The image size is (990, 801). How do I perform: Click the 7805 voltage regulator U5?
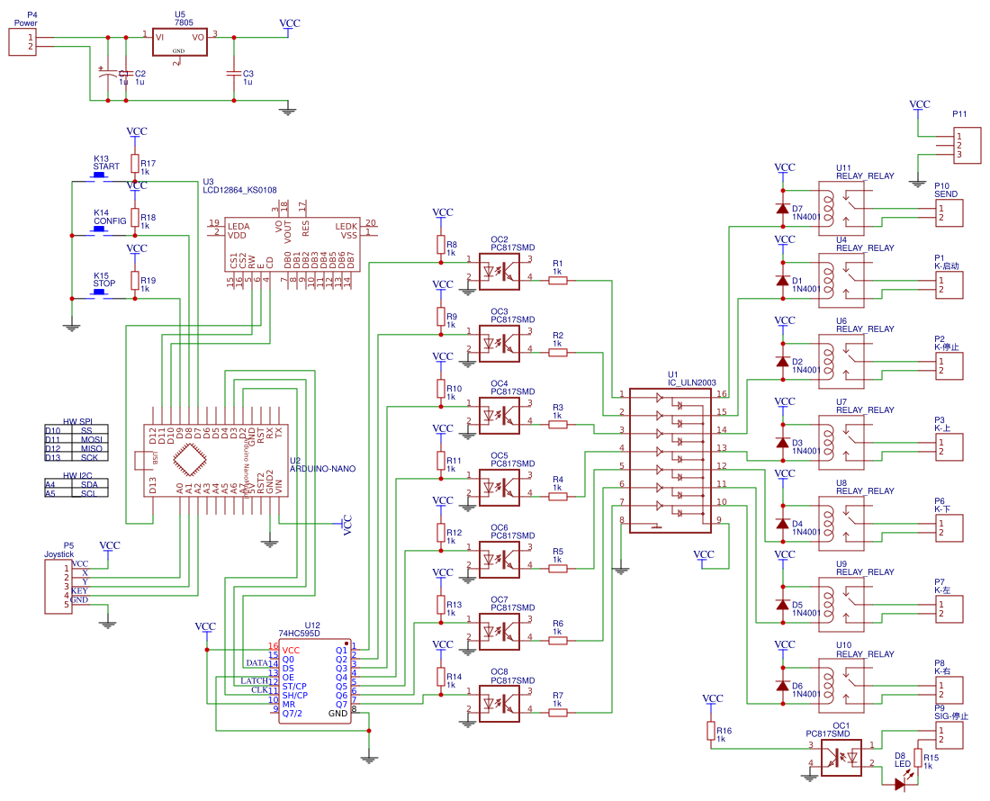[179, 43]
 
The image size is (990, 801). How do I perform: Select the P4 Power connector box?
[22, 42]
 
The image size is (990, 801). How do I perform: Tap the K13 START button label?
[106, 166]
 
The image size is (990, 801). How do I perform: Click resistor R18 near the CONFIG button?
[135, 217]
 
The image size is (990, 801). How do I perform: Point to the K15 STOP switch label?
[104, 283]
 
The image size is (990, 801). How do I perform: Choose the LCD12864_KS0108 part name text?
[239, 190]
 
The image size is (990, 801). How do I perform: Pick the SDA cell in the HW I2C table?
[88, 484]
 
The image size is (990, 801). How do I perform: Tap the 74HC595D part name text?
[299, 634]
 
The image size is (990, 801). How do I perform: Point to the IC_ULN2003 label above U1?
[691, 382]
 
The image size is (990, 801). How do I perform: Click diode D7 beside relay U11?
[782, 209]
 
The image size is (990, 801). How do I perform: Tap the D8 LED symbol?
[901, 784]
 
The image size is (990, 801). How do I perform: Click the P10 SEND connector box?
[949, 213]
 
